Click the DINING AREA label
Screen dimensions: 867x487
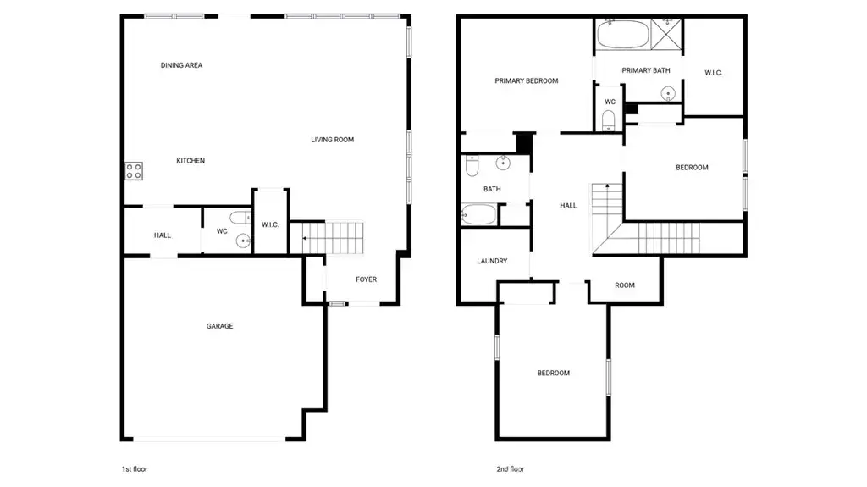pyautogui.click(x=181, y=65)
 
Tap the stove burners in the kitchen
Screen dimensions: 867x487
pyautogui.click(x=133, y=171)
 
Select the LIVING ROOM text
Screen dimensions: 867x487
pyautogui.click(x=332, y=140)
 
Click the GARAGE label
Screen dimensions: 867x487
pyautogui.click(x=219, y=327)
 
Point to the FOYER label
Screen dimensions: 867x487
pyautogui.click(x=366, y=280)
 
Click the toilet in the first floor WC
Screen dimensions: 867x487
pyautogui.click(x=241, y=218)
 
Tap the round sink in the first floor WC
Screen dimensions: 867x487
pyautogui.click(x=243, y=241)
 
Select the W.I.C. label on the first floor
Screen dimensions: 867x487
pyautogui.click(x=270, y=224)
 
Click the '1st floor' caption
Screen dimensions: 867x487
pyautogui.click(x=135, y=469)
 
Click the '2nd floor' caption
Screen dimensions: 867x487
pyautogui.click(x=510, y=469)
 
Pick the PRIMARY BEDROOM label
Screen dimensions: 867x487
pyautogui.click(x=527, y=81)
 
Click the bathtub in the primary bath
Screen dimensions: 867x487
pyautogui.click(x=623, y=35)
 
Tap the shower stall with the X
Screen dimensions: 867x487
pyautogui.click(x=667, y=35)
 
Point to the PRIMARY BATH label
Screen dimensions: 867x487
pyautogui.click(x=646, y=71)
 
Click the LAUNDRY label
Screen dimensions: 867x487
pyautogui.click(x=492, y=261)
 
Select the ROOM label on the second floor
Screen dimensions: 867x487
pyautogui.click(x=625, y=285)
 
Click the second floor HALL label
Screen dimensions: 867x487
pyautogui.click(x=568, y=206)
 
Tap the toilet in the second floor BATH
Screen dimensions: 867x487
pyautogui.click(x=472, y=166)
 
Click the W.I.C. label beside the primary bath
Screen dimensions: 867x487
pyautogui.click(x=713, y=73)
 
